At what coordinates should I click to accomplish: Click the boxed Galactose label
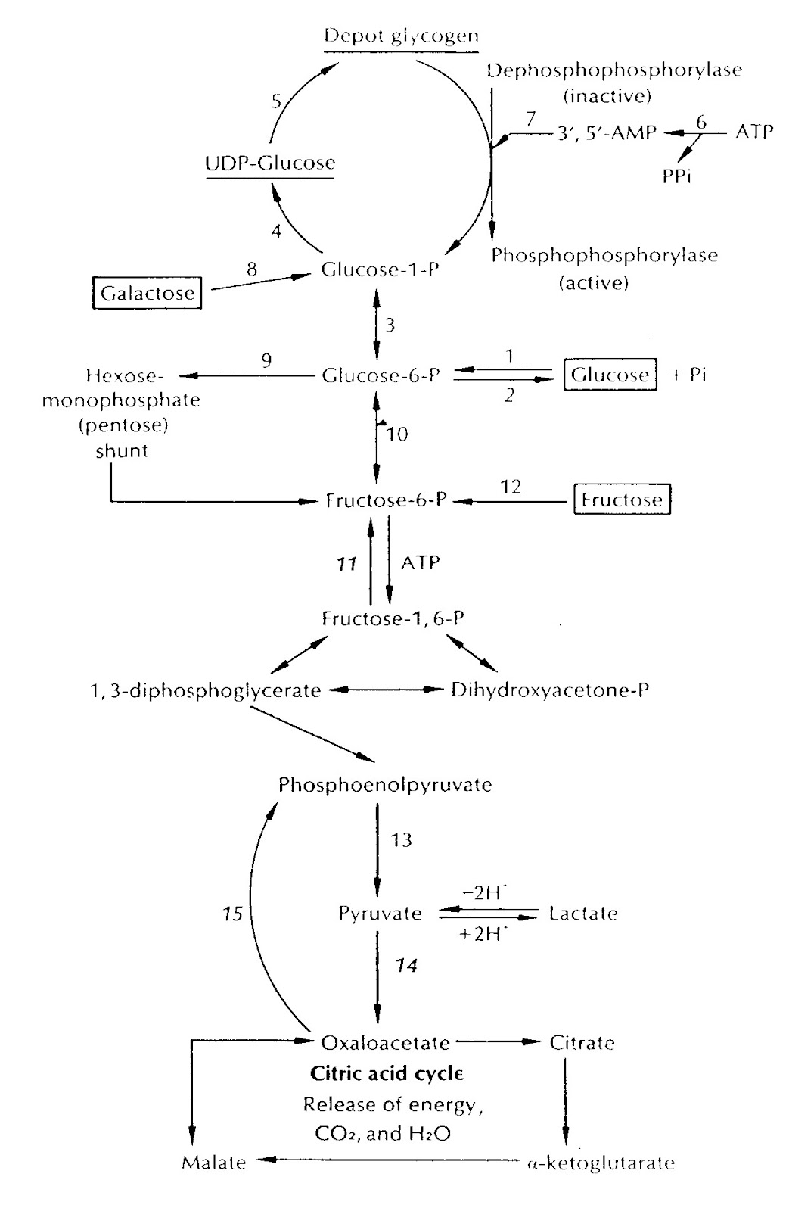[x=147, y=292]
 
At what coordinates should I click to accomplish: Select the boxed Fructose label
[x=622, y=499]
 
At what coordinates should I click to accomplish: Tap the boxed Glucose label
[x=610, y=374]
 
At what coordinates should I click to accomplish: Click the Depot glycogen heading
[x=401, y=36]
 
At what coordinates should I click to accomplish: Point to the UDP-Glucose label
[x=270, y=163]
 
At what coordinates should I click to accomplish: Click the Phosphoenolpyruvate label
[x=385, y=785]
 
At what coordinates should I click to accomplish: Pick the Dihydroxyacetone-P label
[x=550, y=690]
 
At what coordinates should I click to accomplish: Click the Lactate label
[x=583, y=913]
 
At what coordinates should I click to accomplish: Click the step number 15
[x=233, y=914]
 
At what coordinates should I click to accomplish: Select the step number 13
[x=402, y=840]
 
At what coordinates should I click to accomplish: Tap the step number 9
[x=266, y=360]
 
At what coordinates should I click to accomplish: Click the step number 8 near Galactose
[x=252, y=269]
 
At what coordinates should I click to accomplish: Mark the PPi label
[x=676, y=176]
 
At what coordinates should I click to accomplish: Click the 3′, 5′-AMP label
[x=607, y=132]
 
